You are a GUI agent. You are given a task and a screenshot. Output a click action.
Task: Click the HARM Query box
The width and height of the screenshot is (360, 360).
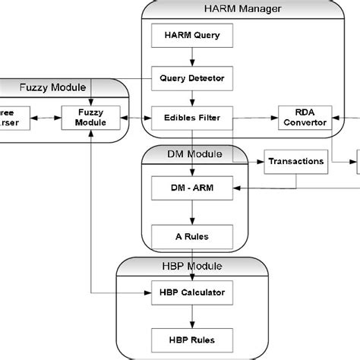click(193, 35)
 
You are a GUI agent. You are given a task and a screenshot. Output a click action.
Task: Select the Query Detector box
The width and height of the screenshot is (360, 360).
click(193, 77)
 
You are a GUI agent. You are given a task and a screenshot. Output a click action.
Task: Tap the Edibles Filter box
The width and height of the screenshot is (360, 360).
click(193, 118)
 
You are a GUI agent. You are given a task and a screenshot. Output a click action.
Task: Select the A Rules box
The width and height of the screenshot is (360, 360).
click(193, 235)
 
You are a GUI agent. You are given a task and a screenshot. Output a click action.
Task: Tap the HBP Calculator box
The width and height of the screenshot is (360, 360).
click(193, 292)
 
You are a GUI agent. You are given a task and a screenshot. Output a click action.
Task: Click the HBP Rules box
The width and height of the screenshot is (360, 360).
click(193, 339)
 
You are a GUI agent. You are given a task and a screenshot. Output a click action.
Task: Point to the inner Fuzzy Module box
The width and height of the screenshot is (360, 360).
click(90, 118)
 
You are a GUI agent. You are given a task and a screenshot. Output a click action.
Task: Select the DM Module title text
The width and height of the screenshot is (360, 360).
click(194, 154)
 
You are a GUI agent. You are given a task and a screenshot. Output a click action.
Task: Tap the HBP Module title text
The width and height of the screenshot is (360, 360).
click(193, 267)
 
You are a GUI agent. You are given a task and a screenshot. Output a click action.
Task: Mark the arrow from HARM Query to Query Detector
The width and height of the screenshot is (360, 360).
click(193, 56)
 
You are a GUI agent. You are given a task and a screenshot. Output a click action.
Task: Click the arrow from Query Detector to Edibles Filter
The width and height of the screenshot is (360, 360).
click(193, 97)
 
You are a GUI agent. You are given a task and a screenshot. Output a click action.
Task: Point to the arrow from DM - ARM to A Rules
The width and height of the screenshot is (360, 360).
click(193, 211)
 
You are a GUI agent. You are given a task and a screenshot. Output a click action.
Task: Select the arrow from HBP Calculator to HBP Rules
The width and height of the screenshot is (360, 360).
click(193, 316)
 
